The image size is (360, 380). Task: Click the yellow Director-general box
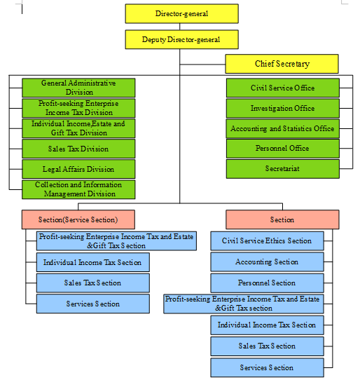[x=181, y=13]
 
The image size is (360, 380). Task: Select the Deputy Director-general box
[x=181, y=39]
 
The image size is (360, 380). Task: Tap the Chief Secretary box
[x=282, y=64]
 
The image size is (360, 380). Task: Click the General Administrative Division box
[x=78, y=88]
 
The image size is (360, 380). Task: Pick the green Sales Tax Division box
[x=78, y=149]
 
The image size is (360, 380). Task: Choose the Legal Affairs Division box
[x=78, y=169]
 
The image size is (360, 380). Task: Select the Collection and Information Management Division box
[x=78, y=189]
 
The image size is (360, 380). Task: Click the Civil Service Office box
[x=282, y=88]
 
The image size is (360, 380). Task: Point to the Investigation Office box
[x=282, y=108]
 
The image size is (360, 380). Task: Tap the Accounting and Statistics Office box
[x=282, y=128]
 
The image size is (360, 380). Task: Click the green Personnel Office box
[x=282, y=149]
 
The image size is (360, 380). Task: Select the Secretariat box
[x=282, y=169]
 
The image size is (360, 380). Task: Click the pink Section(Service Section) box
[x=78, y=219]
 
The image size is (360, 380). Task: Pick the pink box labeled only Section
[x=282, y=219]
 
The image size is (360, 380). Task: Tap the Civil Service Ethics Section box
[x=267, y=240]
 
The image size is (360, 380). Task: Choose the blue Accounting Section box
[x=267, y=262]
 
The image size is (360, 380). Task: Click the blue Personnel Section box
[x=267, y=283]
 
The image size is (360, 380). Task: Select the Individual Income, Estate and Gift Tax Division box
[x=78, y=128]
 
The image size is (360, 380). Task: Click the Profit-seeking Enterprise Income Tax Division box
[x=78, y=108]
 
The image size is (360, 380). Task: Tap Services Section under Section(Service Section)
[x=93, y=304]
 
